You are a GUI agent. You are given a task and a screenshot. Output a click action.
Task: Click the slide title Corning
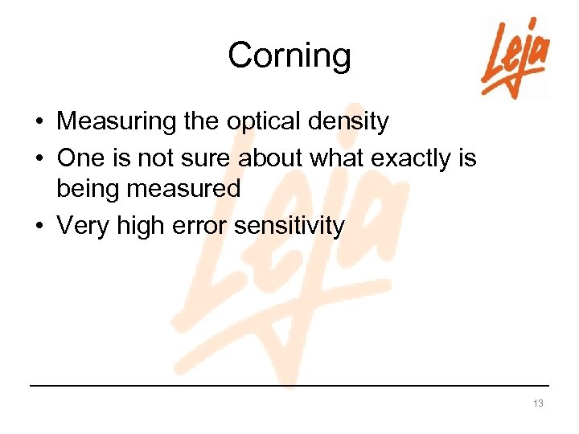click(x=289, y=55)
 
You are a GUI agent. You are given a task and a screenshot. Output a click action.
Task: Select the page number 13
click(x=538, y=403)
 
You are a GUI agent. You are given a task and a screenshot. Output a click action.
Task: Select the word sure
click(x=209, y=158)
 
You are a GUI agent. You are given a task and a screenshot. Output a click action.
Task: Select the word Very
click(x=83, y=226)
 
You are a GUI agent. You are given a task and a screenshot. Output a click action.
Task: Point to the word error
click(x=203, y=226)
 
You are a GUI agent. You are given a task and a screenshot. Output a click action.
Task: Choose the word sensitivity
click(x=289, y=226)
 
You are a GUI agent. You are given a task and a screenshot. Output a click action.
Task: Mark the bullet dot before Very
click(x=39, y=227)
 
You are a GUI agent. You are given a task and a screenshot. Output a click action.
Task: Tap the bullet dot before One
click(x=39, y=158)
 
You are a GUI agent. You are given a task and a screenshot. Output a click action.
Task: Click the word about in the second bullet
click(x=271, y=158)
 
